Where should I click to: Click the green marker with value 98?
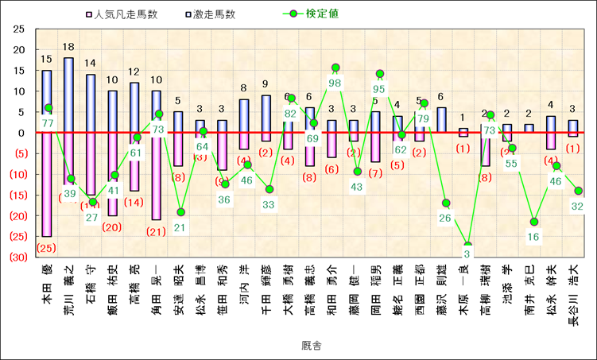click(335, 68)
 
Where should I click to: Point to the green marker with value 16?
click(534, 222)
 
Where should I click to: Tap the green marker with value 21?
click(180, 212)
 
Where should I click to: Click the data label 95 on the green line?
click(379, 89)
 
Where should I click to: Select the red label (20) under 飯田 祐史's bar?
click(112, 227)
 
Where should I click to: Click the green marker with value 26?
click(446, 203)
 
